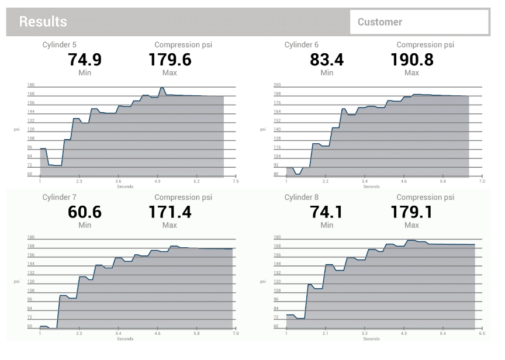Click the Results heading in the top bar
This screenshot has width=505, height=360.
point(43,22)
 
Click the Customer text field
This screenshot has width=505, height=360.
point(419,22)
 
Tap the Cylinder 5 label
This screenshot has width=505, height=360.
point(59,45)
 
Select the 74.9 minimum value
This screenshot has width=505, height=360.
point(85,60)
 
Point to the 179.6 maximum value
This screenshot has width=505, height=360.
point(170,60)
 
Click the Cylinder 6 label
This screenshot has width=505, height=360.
point(301,45)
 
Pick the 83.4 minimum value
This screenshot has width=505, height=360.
point(327,60)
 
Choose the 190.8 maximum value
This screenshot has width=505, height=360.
point(411,60)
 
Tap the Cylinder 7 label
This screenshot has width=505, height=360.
point(59,198)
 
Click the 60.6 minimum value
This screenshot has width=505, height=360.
point(85,212)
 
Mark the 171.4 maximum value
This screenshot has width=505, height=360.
point(170,212)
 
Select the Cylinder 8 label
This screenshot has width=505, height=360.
point(301,198)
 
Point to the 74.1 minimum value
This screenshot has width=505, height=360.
point(327,212)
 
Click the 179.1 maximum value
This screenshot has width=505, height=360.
point(411,212)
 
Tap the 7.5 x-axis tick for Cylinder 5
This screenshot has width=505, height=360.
point(236,182)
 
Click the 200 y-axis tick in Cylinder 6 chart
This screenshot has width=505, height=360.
point(277,85)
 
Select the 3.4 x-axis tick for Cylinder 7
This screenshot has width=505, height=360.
point(118,334)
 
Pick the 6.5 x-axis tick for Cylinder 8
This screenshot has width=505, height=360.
point(482,334)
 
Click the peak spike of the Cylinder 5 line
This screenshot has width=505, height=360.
point(162,88)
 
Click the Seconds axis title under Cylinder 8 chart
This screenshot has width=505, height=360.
point(371,339)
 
